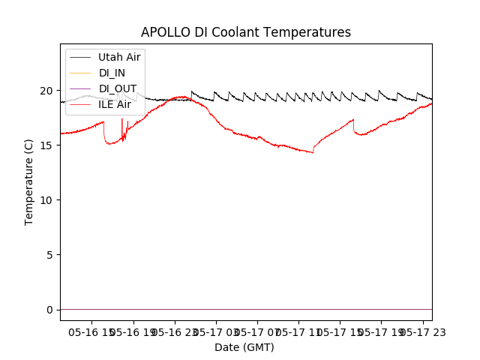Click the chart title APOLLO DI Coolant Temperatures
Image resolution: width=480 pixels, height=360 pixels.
coord(246,33)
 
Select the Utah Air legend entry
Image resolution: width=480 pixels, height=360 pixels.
coord(119,57)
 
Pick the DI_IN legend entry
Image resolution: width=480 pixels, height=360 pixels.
coord(112,73)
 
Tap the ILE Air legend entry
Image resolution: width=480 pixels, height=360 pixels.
coord(115,104)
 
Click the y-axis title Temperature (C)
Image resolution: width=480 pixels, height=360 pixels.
coord(29,181)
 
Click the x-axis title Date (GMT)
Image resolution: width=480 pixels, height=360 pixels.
coord(244,347)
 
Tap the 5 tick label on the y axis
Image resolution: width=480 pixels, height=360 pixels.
coord(49,255)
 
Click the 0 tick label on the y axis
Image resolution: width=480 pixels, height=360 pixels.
coord(49,310)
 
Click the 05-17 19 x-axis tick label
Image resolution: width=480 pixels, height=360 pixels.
coord(380,331)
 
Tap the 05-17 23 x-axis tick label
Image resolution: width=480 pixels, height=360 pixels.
coord(421,331)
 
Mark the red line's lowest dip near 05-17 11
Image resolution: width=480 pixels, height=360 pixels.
coord(312,152)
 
